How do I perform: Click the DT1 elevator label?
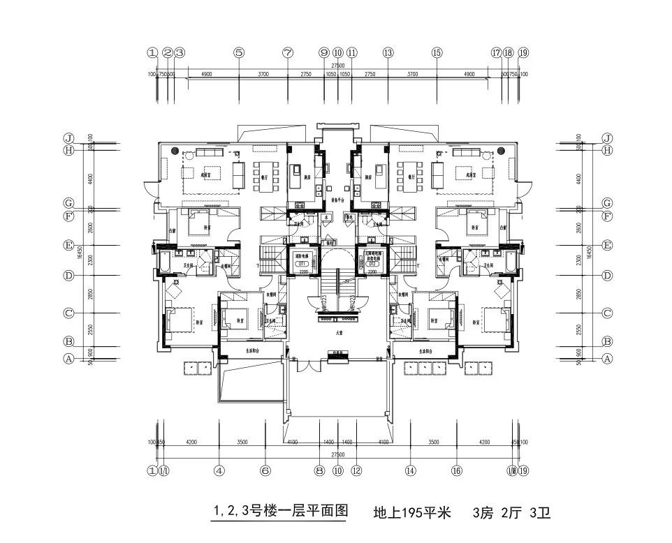[304, 265]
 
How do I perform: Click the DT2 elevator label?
[372, 265]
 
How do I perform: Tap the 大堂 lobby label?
[339, 334]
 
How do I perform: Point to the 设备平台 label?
[339, 200]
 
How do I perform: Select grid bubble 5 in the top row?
[239, 52]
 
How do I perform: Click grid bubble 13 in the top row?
[388, 52]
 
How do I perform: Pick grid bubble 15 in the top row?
[437, 52]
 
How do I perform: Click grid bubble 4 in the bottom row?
[219, 470]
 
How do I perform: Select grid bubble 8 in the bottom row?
[319, 470]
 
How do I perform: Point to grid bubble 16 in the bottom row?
[458, 470]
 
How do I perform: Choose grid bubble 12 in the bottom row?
[357, 470]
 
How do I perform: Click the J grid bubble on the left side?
[68, 137]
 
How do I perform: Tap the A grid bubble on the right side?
[607, 359]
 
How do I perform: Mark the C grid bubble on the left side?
[68, 313]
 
